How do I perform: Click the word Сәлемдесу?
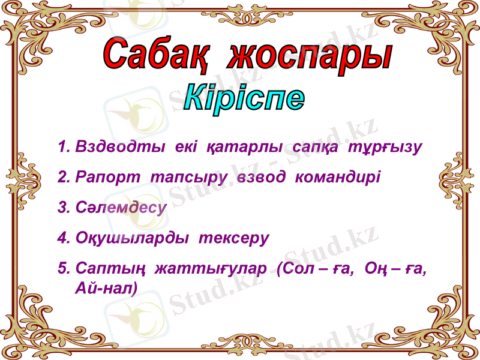click(x=121, y=207)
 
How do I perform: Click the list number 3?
click(x=63, y=207)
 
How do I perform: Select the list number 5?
click(x=63, y=269)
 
